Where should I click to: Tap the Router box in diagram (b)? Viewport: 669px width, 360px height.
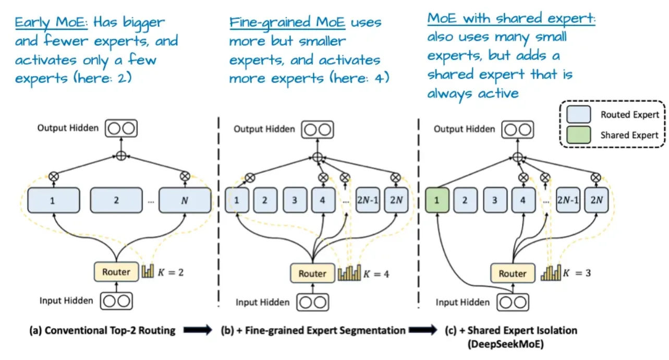[x=312, y=273]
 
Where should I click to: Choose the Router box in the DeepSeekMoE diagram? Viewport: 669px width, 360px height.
[x=512, y=273]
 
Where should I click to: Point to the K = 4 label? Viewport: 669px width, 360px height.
[x=376, y=273]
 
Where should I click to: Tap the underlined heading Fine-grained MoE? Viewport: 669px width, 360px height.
[x=287, y=23]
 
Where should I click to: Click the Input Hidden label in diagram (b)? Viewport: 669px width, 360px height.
[x=262, y=302]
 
